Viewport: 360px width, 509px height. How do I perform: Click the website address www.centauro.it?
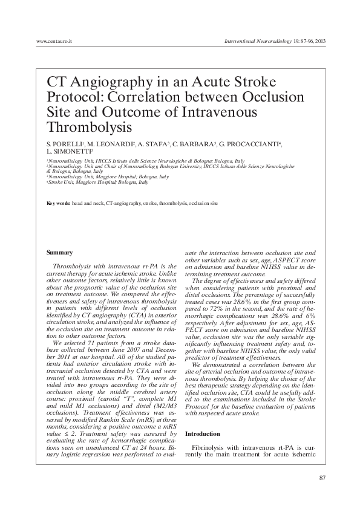point(54,41)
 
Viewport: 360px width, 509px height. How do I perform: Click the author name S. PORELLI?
point(67,144)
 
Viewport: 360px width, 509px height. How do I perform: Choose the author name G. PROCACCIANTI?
point(250,144)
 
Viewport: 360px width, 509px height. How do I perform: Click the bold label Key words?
point(59,204)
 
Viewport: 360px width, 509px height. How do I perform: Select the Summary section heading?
point(60,252)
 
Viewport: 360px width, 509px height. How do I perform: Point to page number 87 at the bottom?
point(322,478)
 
